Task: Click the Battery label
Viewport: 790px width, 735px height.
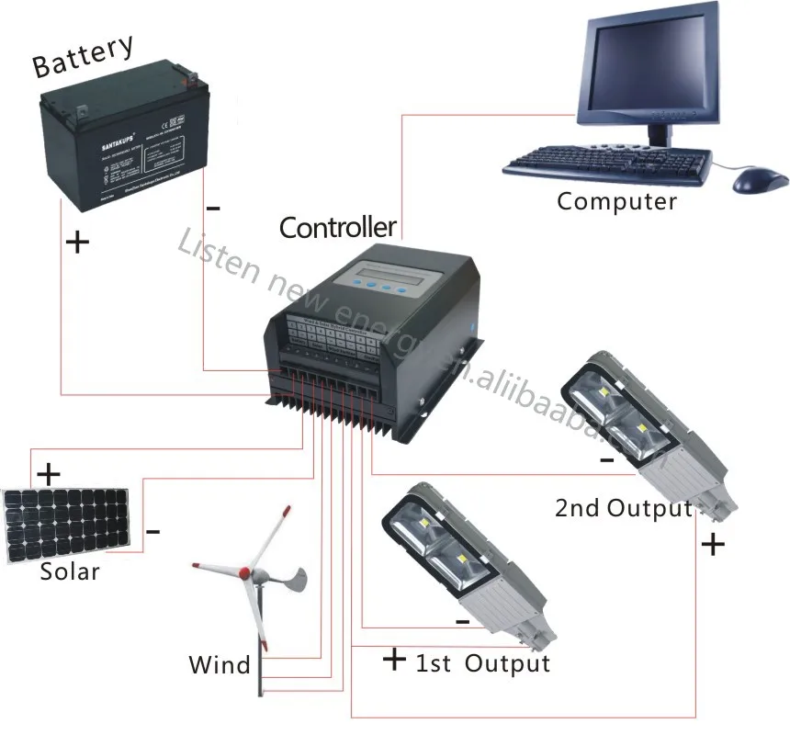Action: [x=83, y=56]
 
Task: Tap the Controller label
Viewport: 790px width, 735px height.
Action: [x=337, y=226]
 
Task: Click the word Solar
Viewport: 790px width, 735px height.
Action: [x=70, y=571]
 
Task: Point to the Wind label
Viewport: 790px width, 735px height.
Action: [x=220, y=664]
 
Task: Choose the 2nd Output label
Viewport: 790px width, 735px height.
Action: [x=623, y=508]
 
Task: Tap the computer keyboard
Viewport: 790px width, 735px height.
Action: [x=607, y=161]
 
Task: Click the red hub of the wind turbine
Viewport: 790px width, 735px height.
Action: [x=246, y=573]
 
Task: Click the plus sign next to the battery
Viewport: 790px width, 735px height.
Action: [x=79, y=243]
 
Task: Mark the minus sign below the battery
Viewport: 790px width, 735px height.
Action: [x=213, y=208]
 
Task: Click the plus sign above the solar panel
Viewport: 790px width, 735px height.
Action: [x=47, y=475]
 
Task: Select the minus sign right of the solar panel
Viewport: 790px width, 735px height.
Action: [x=153, y=531]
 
